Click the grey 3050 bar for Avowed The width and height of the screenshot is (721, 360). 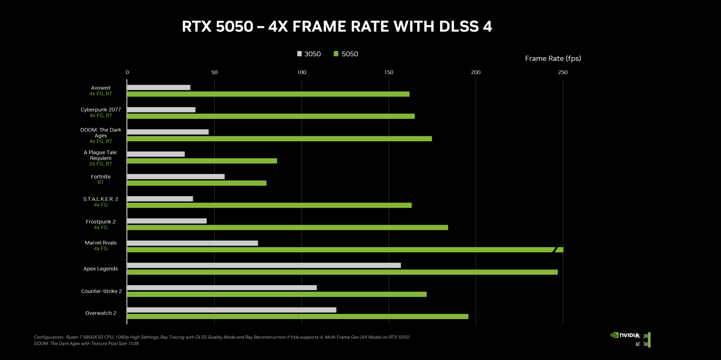[159, 87]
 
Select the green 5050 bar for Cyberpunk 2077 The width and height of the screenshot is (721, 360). [271, 116]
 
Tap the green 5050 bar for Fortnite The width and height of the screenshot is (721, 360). [197, 183]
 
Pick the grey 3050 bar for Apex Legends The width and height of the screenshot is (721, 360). [264, 265]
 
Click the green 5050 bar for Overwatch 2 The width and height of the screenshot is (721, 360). [297, 316]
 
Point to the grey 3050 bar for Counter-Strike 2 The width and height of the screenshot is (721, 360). [222, 288]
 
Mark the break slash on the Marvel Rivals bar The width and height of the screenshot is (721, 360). [554, 250]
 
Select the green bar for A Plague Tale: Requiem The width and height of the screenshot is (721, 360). [202, 161]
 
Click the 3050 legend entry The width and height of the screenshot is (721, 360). [309, 54]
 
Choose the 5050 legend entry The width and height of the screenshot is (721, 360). [346, 54]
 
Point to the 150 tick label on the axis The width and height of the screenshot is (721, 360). [389, 72]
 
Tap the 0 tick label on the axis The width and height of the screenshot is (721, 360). [127, 72]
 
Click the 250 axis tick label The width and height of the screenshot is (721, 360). [563, 72]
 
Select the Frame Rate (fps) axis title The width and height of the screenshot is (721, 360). [553, 58]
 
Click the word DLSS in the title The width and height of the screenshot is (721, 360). [459, 27]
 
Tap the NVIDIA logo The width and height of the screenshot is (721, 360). [625, 335]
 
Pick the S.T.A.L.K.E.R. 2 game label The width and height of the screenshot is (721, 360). [101, 199]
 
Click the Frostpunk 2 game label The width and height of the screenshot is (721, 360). [101, 222]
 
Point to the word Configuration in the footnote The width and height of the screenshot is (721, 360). [49, 337]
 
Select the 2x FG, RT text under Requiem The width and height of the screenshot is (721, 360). [101, 164]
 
